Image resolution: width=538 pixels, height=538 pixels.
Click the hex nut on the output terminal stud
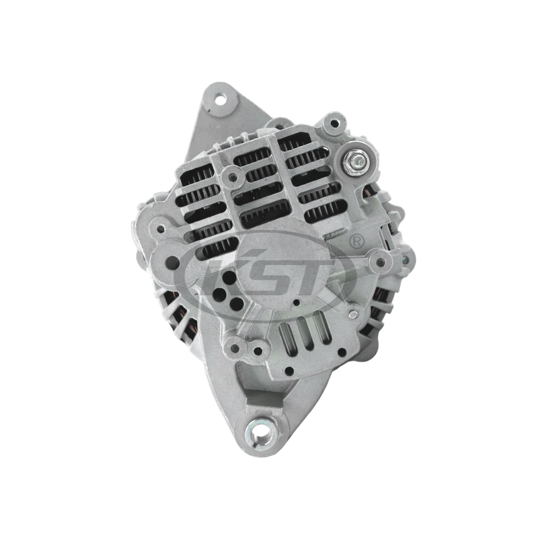click(356, 159)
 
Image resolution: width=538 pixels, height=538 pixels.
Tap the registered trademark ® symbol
click(356, 241)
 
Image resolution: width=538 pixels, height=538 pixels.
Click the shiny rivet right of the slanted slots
click(353, 313)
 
